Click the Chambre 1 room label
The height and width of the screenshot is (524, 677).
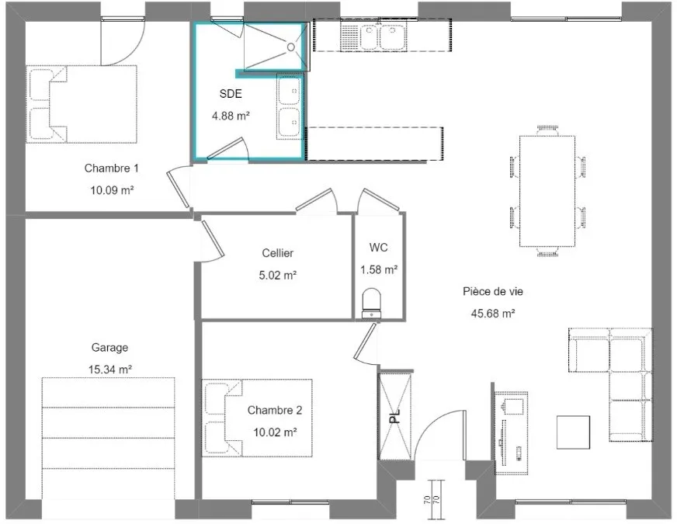coord(111,168)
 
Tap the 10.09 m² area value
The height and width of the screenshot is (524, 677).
coord(112,190)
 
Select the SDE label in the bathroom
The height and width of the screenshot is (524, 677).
coord(231,94)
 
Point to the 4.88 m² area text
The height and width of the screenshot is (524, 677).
coord(231,116)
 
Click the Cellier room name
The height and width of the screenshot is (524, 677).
coord(278,253)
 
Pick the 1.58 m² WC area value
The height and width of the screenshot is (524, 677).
coord(379,270)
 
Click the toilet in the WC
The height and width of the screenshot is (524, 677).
coord(372,302)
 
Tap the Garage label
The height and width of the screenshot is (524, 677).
coord(109,348)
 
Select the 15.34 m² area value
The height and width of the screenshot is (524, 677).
coord(110,370)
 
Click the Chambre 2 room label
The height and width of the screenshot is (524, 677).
coord(275,410)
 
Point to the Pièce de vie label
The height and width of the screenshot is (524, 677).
coord(493,291)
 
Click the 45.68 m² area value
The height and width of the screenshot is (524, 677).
coord(493,314)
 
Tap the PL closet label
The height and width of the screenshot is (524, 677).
coord(394,416)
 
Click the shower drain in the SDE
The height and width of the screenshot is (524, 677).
coord(291,47)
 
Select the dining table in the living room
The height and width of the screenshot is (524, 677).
coord(547,191)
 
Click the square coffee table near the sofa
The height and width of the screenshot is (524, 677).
coord(574,432)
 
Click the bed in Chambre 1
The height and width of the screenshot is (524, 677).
coord(82,104)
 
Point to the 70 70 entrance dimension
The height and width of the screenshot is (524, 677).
coord(432,500)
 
